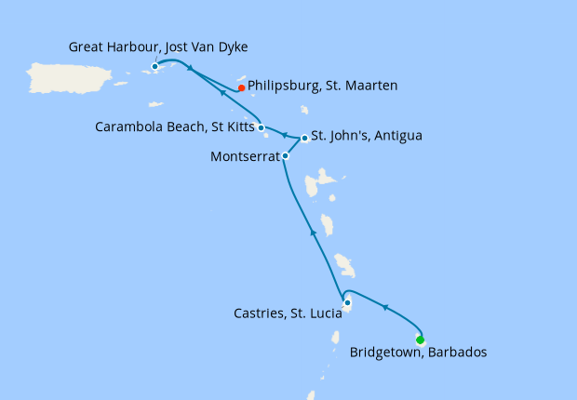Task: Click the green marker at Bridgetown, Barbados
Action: coord(421,340)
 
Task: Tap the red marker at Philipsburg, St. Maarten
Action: coord(241,88)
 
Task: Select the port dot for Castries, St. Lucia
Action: coord(347,302)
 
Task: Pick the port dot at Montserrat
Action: coord(285,156)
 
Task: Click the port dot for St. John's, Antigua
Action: coord(304,138)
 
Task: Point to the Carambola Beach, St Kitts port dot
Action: coord(261,127)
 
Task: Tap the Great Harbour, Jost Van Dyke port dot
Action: coord(154,66)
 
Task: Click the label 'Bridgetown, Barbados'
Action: coord(418,353)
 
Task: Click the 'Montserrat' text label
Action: coord(243,156)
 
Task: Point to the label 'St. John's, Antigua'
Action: coord(367,136)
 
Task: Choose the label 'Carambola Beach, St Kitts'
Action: coord(174,127)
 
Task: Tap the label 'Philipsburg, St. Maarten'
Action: coord(323,86)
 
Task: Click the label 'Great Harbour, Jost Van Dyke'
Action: coord(158,47)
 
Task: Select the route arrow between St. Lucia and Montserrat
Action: coord(314,235)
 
